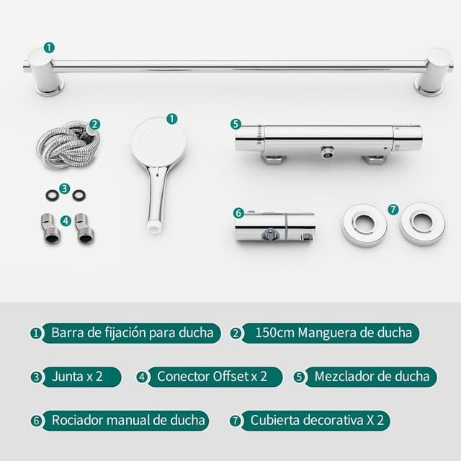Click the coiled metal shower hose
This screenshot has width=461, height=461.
point(68,146)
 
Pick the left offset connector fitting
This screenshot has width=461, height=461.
point(50,229)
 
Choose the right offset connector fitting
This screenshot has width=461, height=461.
point(84,229)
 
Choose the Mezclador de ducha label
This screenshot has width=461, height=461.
point(371,377)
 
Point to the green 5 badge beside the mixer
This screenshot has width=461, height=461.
point(236,125)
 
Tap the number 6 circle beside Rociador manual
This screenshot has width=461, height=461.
point(36,421)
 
